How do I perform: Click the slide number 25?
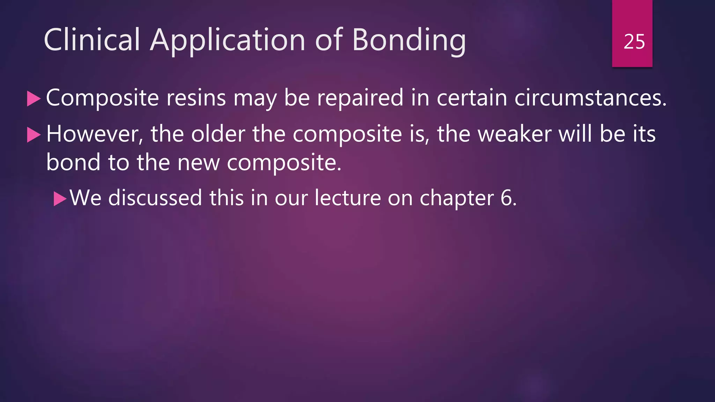click(634, 42)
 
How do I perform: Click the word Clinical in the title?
click(92, 40)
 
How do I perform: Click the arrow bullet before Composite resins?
click(34, 99)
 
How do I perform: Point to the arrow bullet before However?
click(34, 135)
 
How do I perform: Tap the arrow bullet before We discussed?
click(60, 199)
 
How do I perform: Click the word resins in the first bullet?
click(196, 98)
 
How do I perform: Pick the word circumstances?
click(590, 98)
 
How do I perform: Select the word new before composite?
click(199, 163)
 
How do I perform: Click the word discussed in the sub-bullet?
click(155, 198)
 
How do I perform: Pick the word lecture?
click(347, 198)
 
